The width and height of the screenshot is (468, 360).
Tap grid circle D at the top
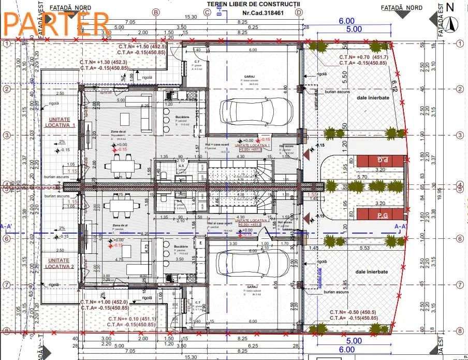coord(299,12)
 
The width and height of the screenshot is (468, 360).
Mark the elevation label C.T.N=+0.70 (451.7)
coord(363,57)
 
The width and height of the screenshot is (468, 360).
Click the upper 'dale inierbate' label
coord(372,97)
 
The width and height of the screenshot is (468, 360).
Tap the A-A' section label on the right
coord(401,226)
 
